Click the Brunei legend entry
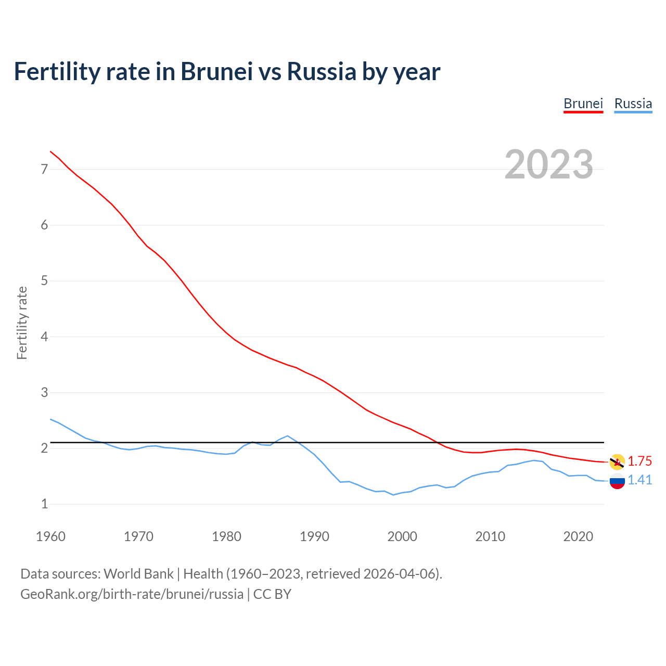pyautogui.click(x=583, y=104)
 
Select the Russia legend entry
pyautogui.click(x=633, y=104)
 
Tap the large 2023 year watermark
pyautogui.click(x=548, y=164)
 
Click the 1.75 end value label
pyautogui.click(x=639, y=462)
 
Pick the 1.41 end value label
pyautogui.click(x=639, y=480)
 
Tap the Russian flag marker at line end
pyautogui.click(x=617, y=481)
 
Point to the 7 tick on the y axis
pyautogui.click(x=44, y=169)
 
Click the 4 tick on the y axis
pyautogui.click(x=44, y=337)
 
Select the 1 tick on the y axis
pyautogui.click(x=44, y=504)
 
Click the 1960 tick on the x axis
pyautogui.click(x=50, y=536)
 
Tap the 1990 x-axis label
pyautogui.click(x=314, y=536)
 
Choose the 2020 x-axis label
pyautogui.click(x=578, y=536)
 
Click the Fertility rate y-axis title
pyautogui.click(x=22, y=323)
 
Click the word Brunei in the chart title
pyautogui.click(x=216, y=72)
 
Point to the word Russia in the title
pyautogui.click(x=322, y=72)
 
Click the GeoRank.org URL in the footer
pyautogui.click(x=132, y=594)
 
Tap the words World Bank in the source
pyautogui.click(x=138, y=574)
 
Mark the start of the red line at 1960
pyautogui.click(x=50, y=151)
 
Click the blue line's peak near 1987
pyautogui.click(x=287, y=436)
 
